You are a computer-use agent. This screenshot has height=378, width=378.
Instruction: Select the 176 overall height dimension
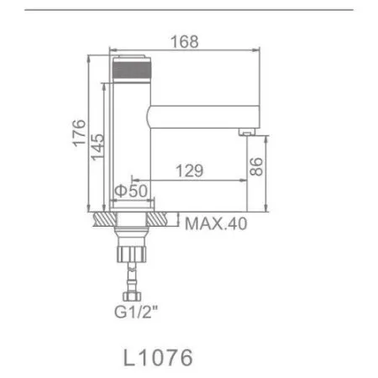point(78,135)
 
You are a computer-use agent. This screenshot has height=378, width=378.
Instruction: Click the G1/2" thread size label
point(134,315)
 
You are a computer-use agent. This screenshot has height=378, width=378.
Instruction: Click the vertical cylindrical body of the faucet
point(130,151)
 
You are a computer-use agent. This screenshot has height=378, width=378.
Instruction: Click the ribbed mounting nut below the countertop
point(134,251)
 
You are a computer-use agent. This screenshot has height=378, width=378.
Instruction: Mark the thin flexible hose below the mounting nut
point(134,275)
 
